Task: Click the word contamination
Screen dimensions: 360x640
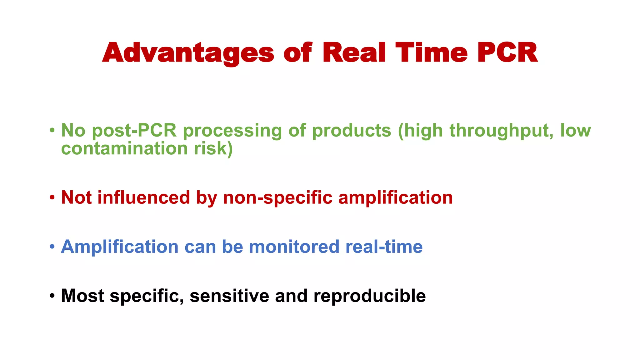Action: [124, 148]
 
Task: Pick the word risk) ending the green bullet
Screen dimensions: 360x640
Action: [213, 148]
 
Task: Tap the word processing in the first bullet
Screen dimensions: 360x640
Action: [232, 131]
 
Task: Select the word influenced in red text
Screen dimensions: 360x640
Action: [143, 197]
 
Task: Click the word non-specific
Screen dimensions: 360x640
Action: [277, 198]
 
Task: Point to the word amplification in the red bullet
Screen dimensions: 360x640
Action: [395, 198]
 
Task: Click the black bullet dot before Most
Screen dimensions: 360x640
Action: [52, 296]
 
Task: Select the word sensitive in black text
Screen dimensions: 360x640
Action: [229, 296]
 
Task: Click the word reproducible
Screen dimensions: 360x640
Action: [369, 296]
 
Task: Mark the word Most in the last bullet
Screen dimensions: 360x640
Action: [82, 296]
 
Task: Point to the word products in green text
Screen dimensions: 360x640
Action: [352, 131]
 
